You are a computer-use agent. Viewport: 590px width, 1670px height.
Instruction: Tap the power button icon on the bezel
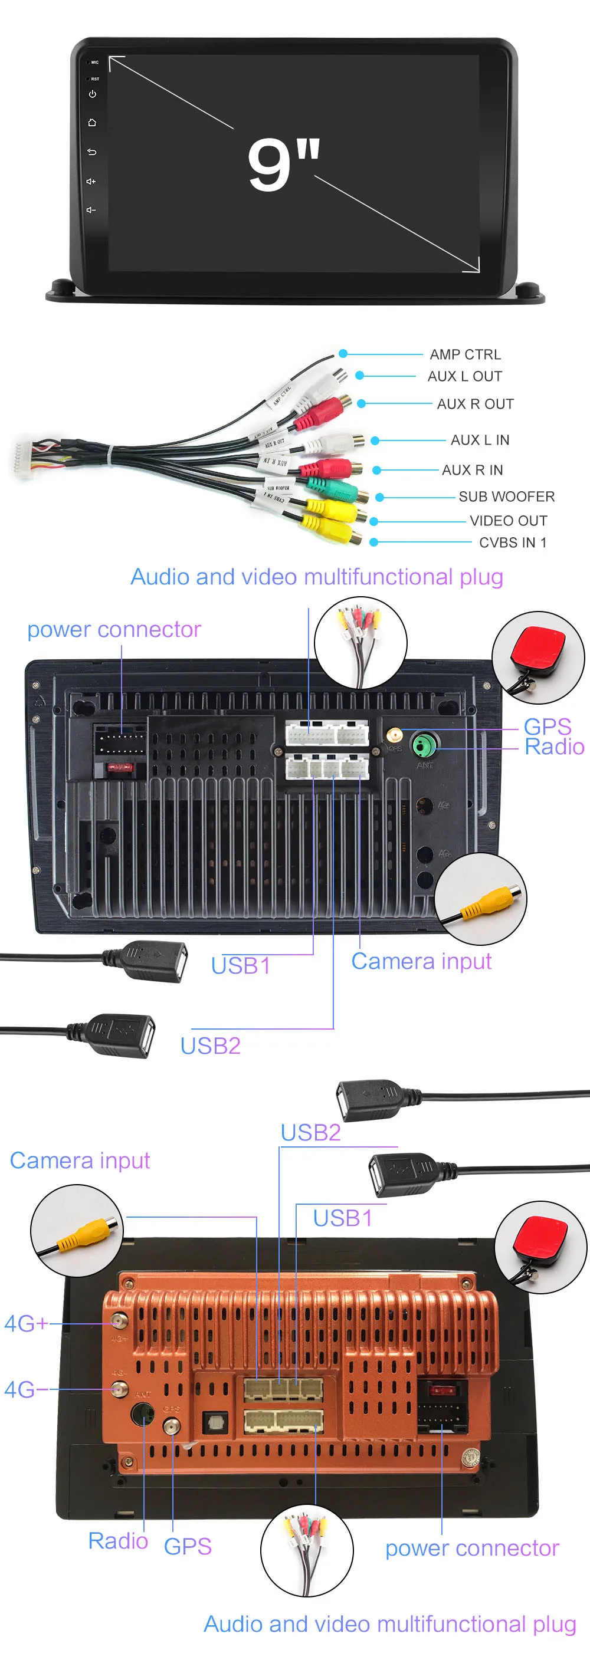click(92, 94)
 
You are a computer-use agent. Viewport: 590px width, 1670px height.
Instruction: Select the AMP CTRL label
click(465, 354)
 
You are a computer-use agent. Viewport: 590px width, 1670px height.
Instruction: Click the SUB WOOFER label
click(506, 496)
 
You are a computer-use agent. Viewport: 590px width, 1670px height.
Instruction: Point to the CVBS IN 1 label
click(512, 542)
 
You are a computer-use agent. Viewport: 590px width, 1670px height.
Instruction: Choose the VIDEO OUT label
click(509, 520)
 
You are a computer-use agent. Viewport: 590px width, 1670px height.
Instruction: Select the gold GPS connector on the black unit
click(394, 735)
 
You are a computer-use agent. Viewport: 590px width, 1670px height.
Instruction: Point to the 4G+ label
click(26, 1323)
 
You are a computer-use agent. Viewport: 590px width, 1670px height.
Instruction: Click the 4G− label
click(26, 1389)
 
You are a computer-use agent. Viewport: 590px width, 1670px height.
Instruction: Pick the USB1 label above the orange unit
click(342, 1218)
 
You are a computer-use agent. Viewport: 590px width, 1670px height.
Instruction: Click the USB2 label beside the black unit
click(210, 1045)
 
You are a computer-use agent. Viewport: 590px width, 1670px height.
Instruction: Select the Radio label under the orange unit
click(118, 1540)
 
